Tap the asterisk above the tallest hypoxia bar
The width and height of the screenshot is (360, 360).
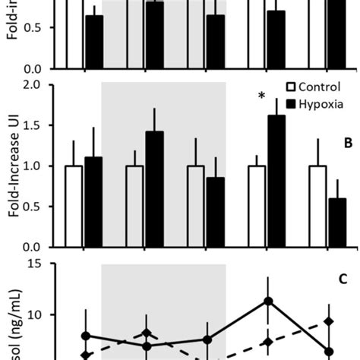click(x=261, y=96)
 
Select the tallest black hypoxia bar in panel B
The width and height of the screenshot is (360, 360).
click(x=276, y=181)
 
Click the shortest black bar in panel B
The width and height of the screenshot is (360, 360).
click(x=337, y=223)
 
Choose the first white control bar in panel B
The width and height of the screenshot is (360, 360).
click(x=74, y=206)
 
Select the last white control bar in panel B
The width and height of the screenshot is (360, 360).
click(x=317, y=206)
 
